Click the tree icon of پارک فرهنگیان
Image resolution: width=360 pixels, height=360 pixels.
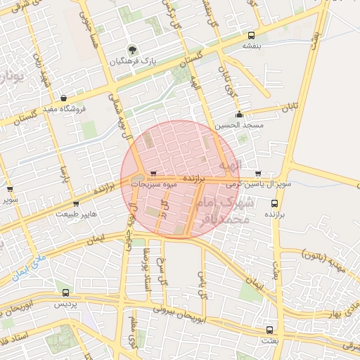pyautogui.click(x=131, y=50)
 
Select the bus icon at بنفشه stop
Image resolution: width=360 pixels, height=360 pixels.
pyautogui.click(x=252, y=35)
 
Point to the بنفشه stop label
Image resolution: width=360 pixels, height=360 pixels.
pyautogui.click(x=252, y=46)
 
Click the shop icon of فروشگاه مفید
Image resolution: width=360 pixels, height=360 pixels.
pyautogui.click(x=65, y=98)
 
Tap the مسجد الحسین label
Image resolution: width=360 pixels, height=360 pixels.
pyautogui.click(x=239, y=124)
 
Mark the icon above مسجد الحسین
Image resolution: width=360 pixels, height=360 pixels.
pyautogui.click(x=239, y=115)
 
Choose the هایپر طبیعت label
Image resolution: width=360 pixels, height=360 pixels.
pyautogui.click(x=76, y=214)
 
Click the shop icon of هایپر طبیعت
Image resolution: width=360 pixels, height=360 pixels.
pyautogui.click(x=76, y=204)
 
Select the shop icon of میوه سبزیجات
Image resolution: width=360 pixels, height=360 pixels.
pyautogui.click(x=153, y=174)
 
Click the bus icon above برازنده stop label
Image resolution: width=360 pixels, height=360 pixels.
pyautogui.click(x=274, y=203)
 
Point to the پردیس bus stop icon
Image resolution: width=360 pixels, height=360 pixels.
pyautogui.click(x=65, y=292)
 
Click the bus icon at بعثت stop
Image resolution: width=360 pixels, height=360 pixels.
pyautogui.click(x=270, y=328)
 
